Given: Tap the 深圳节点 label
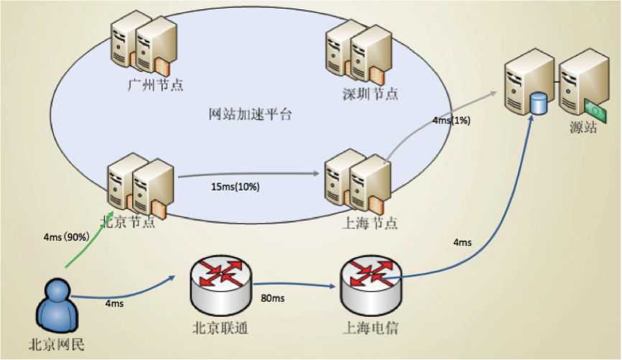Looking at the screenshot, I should pos(371,93).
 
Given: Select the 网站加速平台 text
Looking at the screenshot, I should pos(249,114).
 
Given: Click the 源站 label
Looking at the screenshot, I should pos(582,129).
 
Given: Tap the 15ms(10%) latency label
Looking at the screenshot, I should pos(236,187).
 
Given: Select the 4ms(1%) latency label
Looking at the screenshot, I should pos(452,120).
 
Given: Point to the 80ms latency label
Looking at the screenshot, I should pos(274,297).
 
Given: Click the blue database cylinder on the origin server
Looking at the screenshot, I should pos(538,103).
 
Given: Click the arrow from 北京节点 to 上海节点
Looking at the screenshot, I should pos(248,174).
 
